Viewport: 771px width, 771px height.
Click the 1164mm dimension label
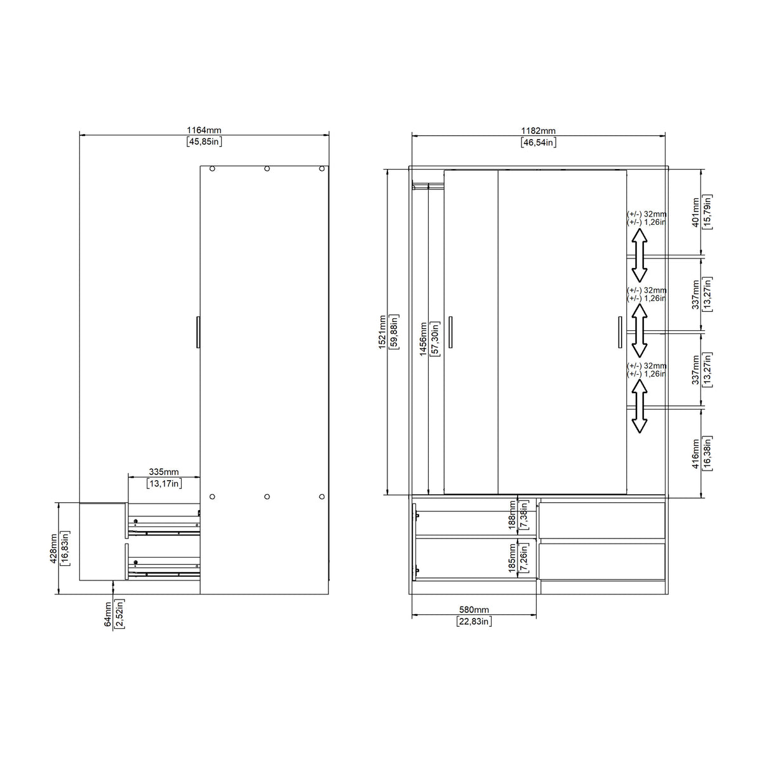(204, 130)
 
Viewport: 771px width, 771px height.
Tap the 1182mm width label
(538, 131)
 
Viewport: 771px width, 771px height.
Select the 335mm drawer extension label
(164, 472)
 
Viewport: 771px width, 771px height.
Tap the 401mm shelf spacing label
(695, 212)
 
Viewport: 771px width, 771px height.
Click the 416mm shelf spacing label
(695, 452)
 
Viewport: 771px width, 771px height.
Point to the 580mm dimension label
(474, 610)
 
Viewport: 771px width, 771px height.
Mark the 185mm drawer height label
(512, 558)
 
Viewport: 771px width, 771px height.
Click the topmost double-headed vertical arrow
(639, 255)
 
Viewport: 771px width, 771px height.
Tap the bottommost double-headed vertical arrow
(639, 409)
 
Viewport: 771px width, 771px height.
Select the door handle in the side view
(198, 332)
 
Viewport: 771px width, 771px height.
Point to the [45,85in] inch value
(204, 142)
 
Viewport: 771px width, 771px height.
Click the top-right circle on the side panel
(322, 169)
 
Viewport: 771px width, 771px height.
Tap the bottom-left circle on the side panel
(212, 496)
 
